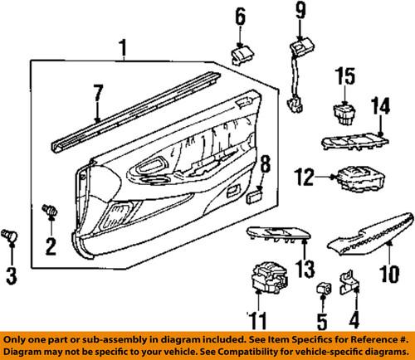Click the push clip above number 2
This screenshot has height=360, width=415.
click(x=51, y=212)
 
